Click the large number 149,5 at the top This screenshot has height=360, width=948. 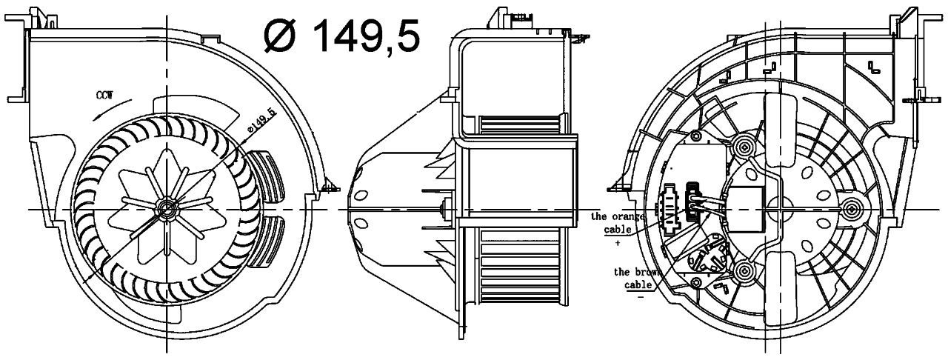coord(367,36)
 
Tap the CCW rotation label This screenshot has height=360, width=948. coord(105,95)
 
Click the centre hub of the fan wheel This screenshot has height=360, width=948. coord(166,208)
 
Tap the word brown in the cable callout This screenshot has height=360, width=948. coord(645,272)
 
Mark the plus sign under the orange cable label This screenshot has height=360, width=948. coord(618,243)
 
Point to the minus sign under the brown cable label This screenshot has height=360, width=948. coord(641,297)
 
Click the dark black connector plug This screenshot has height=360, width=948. coord(692,201)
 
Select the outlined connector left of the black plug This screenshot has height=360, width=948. coord(670,207)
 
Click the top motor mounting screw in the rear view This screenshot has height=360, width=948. coord(743,147)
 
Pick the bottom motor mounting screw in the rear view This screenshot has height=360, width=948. coord(743,270)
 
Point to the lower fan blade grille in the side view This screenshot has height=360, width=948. coord(521,267)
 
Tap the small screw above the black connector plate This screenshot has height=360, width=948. coord(695,136)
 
